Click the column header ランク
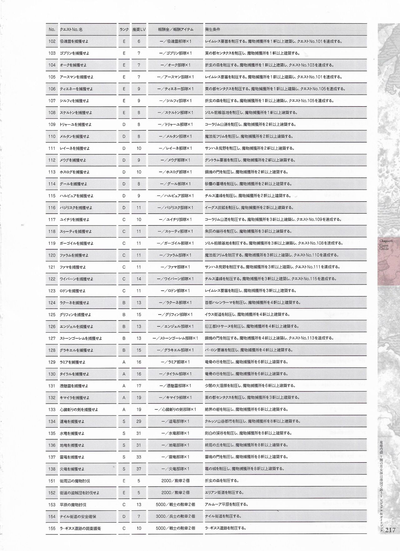124,29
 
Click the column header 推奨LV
139,29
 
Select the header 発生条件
212,29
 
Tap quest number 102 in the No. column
52,41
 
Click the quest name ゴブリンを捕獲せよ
74,53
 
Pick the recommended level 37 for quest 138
139,469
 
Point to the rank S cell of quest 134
124,421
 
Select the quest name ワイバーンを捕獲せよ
76,279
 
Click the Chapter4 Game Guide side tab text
384,245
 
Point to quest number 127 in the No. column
52,338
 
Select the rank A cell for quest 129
124,362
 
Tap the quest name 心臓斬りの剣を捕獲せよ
79,410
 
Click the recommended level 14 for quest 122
139,279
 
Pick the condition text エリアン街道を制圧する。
224,493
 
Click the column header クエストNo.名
71,29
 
